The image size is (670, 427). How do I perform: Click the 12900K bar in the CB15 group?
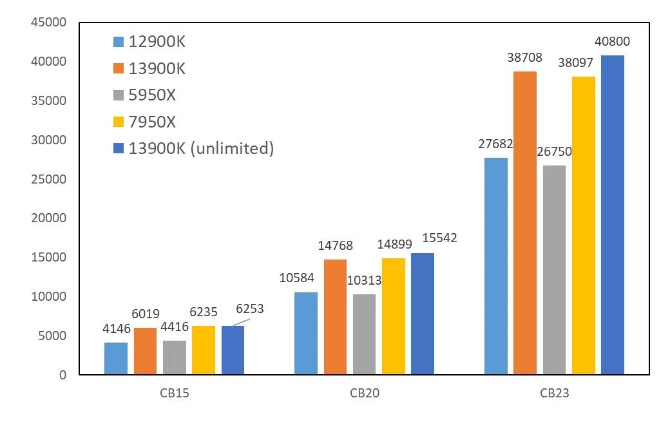tap(116, 358)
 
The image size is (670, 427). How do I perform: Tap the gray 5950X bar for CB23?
tap(554, 270)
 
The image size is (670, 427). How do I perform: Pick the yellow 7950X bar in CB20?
tap(394, 316)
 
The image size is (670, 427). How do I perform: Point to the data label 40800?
tap(612, 42)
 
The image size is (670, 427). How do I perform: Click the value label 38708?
tap(525, 57)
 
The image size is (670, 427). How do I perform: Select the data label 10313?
tap(364, 280)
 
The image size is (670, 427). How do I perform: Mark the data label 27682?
tap(495, 144)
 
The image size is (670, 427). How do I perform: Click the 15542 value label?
tap(439, 238)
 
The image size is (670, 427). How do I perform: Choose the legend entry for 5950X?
tap(152, 95)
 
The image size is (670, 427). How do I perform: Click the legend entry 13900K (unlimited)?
tap(201, 148)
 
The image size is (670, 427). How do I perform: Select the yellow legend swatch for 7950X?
tap(118, 122)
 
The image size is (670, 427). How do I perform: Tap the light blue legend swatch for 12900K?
tap(118, 42)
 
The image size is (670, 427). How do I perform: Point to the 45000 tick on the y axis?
tap(49, 23)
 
